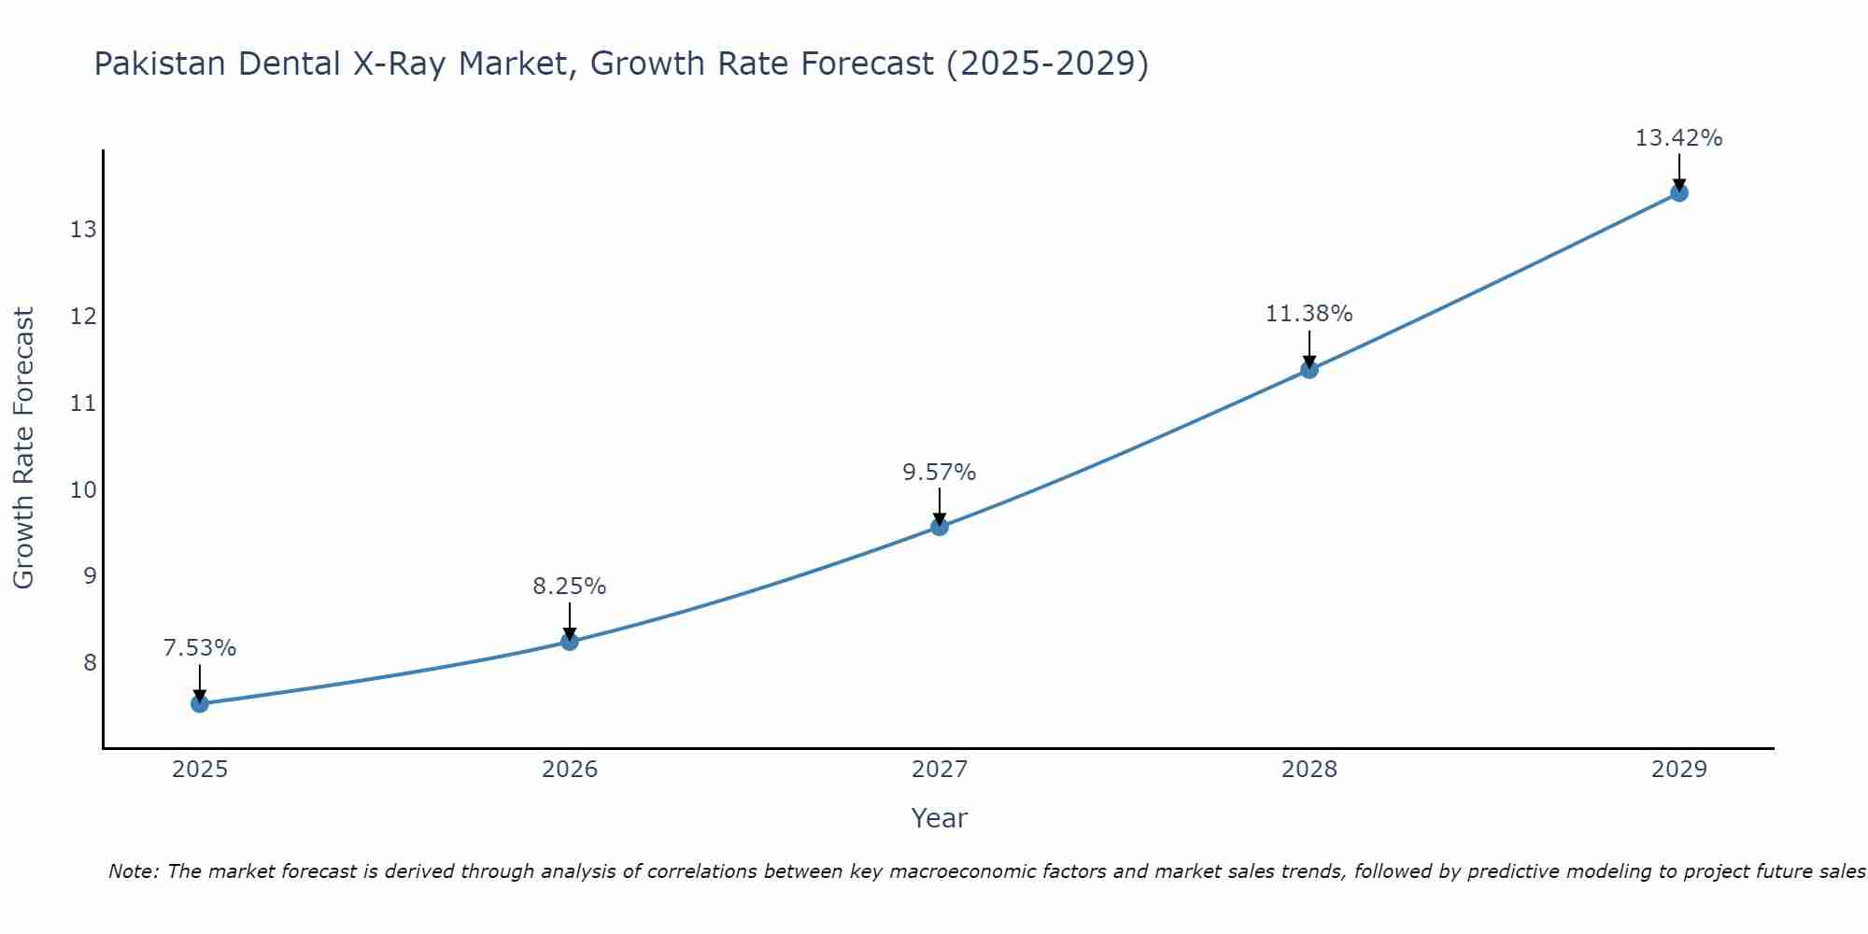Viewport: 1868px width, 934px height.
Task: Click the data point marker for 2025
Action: (x=200, y=703)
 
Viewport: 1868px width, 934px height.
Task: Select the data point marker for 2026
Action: (x=570, y=641)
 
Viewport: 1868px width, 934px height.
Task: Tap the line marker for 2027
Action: (x=940, y=527)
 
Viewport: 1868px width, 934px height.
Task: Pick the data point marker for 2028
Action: (x=1309, y=369)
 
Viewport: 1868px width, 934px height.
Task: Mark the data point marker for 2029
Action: (x=1679, y=192)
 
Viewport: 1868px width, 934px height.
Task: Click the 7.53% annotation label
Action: (x=200, y=648)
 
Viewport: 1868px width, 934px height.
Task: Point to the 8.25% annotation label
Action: (x=570, y=587)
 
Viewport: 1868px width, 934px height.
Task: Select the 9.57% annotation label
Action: (x=940, y=473)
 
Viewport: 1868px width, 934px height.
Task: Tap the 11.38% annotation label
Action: (x=1309, y=314)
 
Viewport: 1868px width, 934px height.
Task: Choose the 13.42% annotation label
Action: (x=1679, y=138)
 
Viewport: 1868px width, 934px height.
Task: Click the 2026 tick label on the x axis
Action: (x=570, y=770)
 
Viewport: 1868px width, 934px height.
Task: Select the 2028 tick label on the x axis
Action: (x=1309, y=770)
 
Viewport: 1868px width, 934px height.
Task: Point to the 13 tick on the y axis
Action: (x=83, y=230)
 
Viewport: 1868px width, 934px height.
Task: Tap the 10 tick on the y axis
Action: (x=83, y=489)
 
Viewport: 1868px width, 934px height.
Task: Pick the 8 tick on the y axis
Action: (x=90, y=663)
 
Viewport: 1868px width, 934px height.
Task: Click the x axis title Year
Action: (x=940, y=818)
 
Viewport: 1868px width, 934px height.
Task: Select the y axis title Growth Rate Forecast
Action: (x=23, y=448)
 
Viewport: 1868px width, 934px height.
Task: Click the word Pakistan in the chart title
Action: (x=160, y=64)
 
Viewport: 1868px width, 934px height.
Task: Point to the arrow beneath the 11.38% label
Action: (x=1309, y=349)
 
